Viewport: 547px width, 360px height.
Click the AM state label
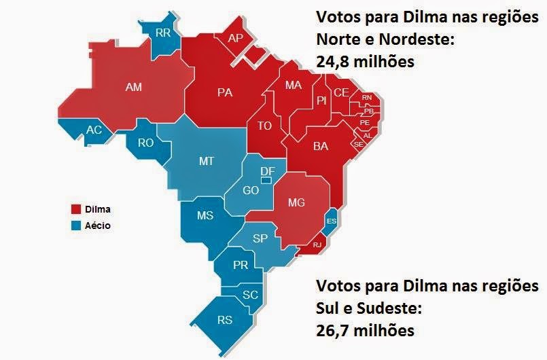[x=133, y=87]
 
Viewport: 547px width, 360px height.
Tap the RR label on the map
[x=163, y=32]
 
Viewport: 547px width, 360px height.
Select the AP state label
[x=235, y=38]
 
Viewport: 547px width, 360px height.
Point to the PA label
[x=225, y=92]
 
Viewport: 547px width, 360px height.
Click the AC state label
[x=94, y=130]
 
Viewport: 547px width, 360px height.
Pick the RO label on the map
[x=146, y=143]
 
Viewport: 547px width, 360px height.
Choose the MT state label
[x=207, y=161]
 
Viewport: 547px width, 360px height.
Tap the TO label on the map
[x=264, y=126]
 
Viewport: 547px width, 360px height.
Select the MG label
[x=297, y=202]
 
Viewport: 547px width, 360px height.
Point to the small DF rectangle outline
[x=266, y=180]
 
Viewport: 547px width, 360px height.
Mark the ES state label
[x=332, y=221]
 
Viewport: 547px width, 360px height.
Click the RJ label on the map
[x=316, y=245]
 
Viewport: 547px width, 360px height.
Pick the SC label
[x=250, y=295]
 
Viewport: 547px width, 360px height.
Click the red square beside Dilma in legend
[x=76, y=209]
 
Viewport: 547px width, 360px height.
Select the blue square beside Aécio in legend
[x=76, y=226]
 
